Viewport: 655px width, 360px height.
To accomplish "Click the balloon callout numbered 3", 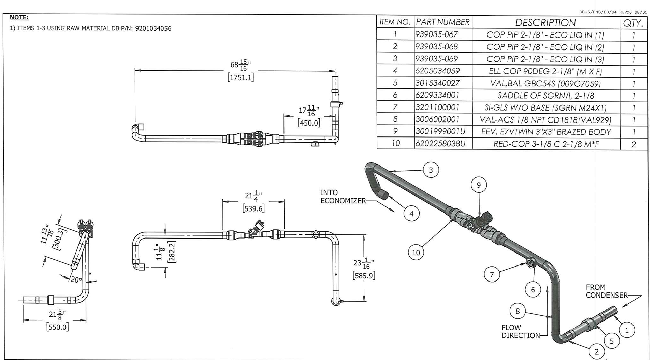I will [x=431, y=170].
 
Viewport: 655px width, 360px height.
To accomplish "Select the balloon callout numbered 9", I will [x=479, y=185].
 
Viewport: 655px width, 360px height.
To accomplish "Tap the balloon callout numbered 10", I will [x=416, y=253].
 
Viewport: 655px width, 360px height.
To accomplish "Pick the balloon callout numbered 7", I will [x=492, y=274].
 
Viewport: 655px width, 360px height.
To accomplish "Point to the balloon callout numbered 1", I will [x=626, y=330].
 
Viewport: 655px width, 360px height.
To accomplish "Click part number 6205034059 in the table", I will [x=438, y=71].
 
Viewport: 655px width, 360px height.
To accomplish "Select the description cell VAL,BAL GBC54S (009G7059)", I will [x=545, y=83].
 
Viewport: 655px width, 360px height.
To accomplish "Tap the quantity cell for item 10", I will [x=634, y=144].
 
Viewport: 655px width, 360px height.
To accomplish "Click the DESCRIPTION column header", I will [x=545, y=23].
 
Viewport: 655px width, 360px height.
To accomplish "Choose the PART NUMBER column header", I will [x=443, y=22].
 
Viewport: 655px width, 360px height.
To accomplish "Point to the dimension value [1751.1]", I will [x=241, y=78].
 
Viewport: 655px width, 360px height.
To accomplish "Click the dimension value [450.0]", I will [x=309, y=123].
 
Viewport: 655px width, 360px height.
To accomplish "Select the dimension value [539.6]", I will [x=253, y=208].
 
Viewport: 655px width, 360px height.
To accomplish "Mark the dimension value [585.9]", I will [x=364, y=275].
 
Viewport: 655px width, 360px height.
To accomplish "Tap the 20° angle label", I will [x=76, y=280].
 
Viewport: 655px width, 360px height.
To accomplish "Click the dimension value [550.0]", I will [x=57, y=327].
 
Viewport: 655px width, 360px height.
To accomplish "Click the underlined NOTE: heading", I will [x=19, y=17].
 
